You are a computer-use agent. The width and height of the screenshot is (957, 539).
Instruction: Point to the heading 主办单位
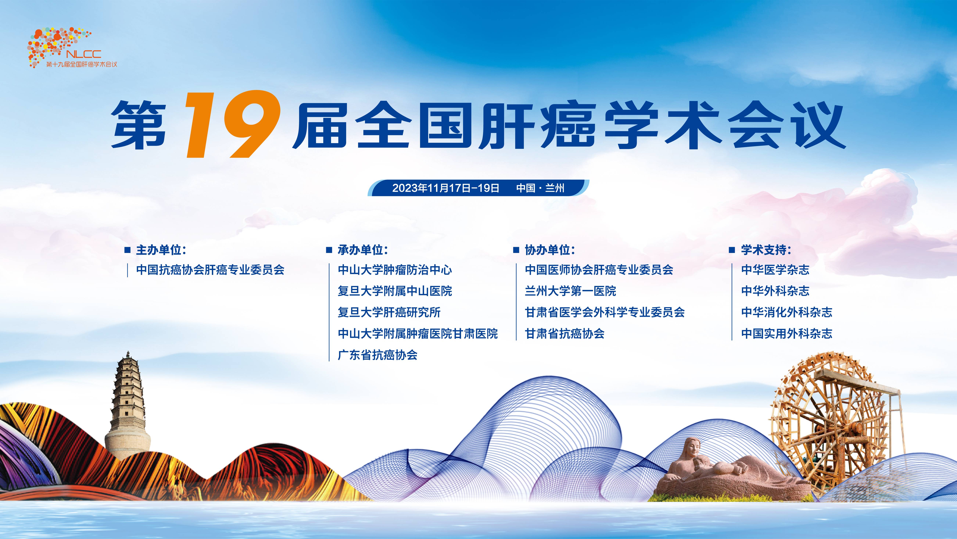pos(161,250)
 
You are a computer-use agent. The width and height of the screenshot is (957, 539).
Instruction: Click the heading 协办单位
pos(550,250)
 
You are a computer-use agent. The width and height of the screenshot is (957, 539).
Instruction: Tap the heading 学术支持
pos(766,250)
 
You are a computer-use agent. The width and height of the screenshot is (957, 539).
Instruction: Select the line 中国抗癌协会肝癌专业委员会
pos(210,270)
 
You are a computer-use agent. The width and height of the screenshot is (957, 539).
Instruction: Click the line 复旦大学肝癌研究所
pos(389,312)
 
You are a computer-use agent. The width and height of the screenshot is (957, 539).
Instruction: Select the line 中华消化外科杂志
pos(787,312)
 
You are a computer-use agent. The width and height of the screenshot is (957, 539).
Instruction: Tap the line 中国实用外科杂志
pos(787,333)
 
